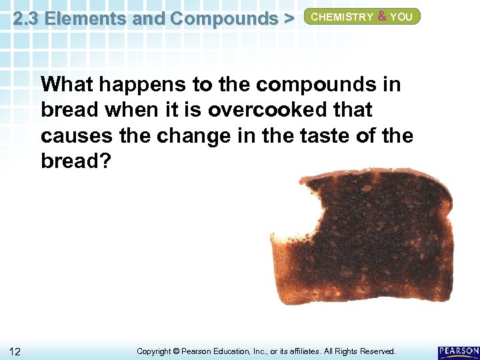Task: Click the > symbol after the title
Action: pyautogui.click(x=288, y=19)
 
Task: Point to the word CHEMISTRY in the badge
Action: pyautogui.click(x=343, y=17)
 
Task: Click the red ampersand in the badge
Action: pyautogui.click(x=383, y=17)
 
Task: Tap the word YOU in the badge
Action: pyautogui.click(x=401, y=17)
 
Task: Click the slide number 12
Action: pyautogui.click(x=15, y=351)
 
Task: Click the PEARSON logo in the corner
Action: pyautogui.click(x=459, y=351)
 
